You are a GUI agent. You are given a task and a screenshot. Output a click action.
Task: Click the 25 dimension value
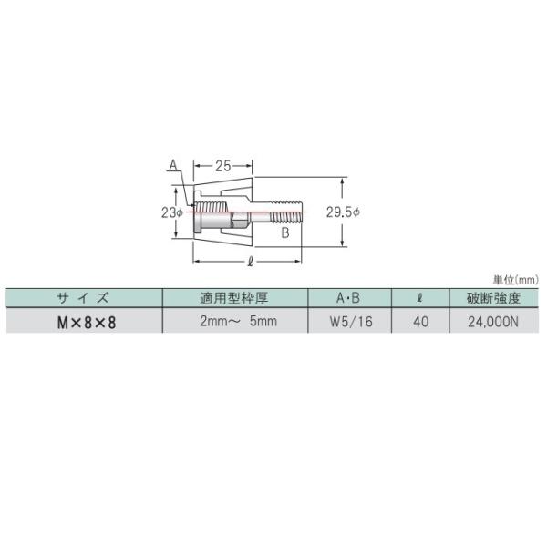coord(223,166)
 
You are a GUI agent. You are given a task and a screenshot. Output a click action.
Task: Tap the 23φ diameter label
coord(172,212)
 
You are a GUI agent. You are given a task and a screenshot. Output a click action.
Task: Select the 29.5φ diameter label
coord(343,212)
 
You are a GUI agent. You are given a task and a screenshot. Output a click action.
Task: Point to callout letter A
coord(173,165)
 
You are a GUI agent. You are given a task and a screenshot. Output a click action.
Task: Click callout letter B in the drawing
coord(285,232)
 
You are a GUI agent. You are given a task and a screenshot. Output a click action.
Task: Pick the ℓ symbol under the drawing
coord(250,262)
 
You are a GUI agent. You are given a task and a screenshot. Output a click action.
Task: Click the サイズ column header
coord(83,298)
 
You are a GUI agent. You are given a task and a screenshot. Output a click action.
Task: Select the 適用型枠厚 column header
coord(234,298)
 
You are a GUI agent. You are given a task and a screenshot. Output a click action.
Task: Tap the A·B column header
coord(348,298)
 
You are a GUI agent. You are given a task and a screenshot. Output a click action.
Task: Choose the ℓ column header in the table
coord(420,298)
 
